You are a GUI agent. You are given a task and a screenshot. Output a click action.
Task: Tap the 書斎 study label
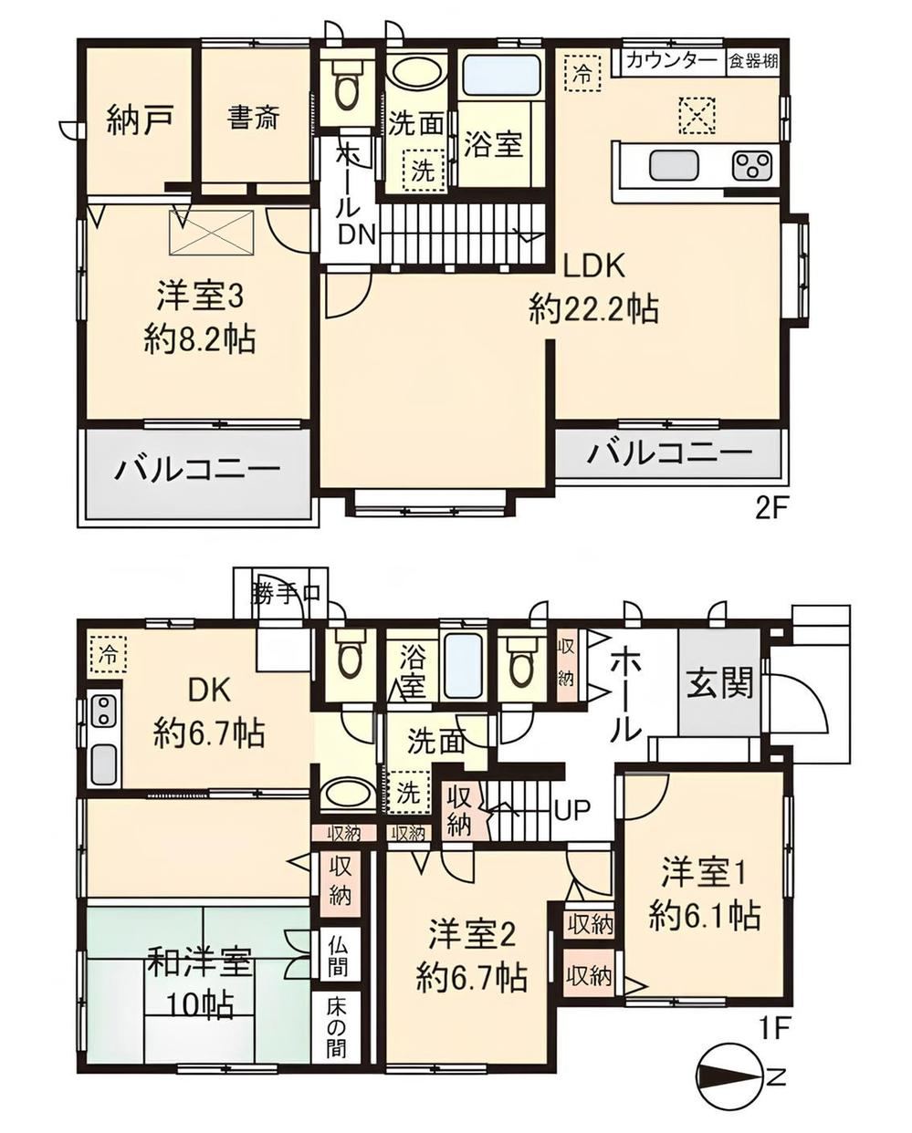pyautogui.click(x=254, y=118)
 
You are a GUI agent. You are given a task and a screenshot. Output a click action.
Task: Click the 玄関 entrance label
pyautogui.click(x=719, y=683)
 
